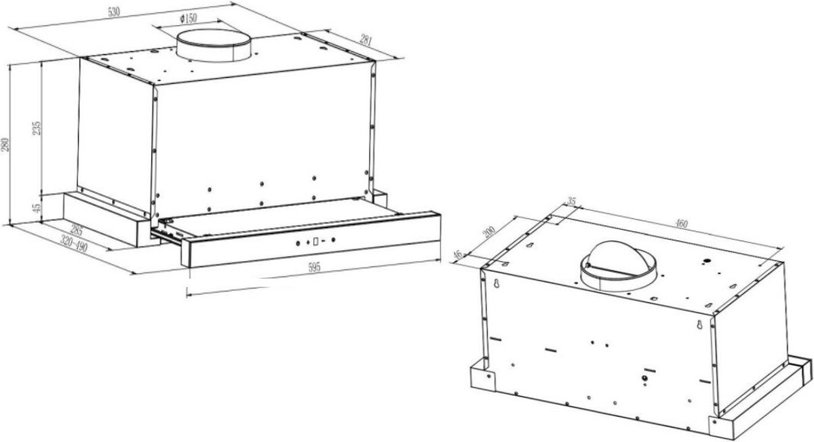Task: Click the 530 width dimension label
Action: pyautogui.click(x=114, y=12)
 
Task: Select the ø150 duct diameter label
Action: pyautogui.click(x=189, y=18)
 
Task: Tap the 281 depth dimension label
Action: pyautogui.click(x=366, y=39)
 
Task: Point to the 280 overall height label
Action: pyautogui.click(x=5, y=144)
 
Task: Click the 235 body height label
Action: pyautogui.click(x=37, y=128)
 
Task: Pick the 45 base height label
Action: pyautogui.click(x=37, y=208)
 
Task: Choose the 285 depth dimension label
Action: pyautogui.click(x=77, y=230)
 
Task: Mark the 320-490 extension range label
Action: pyautogui.click(x=74, y=243)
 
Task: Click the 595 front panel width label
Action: pyautogui.click(x=314, y=268)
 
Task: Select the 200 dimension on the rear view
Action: pyautogui.click(x=490, y=232)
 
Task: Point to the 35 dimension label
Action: pyautogui.click(x=572, y=201)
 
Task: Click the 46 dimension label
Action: pyautogui.click(x=459, y=255)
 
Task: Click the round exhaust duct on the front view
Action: pyautogui.click(x=213, y=46)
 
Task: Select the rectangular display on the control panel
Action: pyautogui.click(x=315, y=241)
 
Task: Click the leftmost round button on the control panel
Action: pyautogui.click(x=298, y=243)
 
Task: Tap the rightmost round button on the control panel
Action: pyautogui.click(x=333, y=240)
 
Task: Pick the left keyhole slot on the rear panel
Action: pyautogui.click(x=497, y=283)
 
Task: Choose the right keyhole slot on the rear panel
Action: pyautogui.click(x=699, y=325)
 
